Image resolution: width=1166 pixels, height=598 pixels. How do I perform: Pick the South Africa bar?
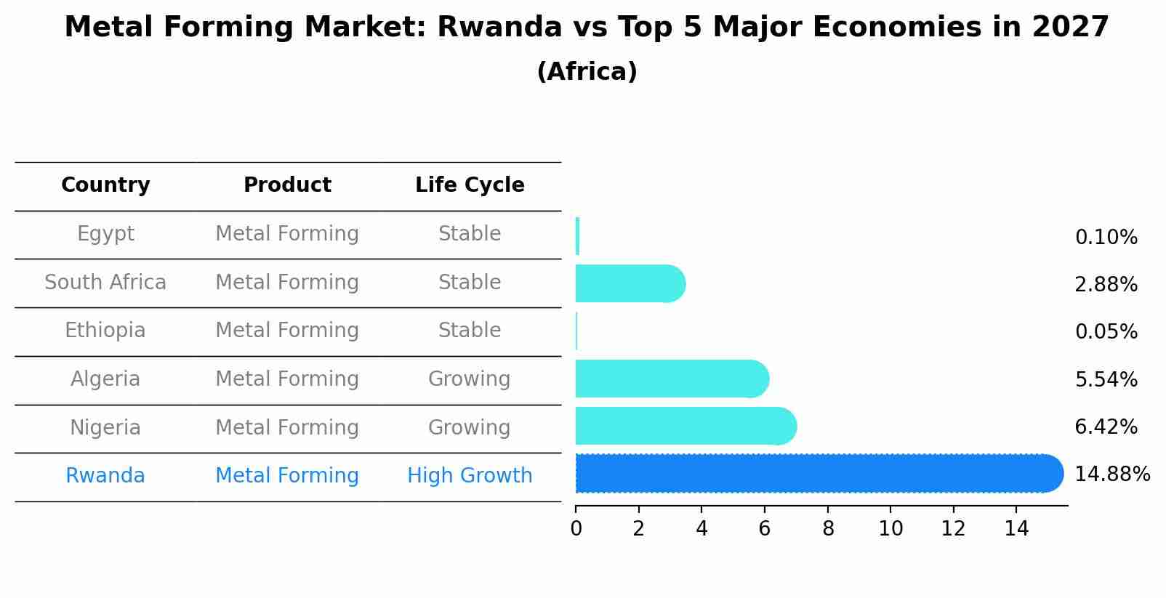[x=630, y=283]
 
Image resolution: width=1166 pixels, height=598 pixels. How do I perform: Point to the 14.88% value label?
[x=1111, y=474]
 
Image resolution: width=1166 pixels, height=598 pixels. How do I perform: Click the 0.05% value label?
[x=1106, y=332]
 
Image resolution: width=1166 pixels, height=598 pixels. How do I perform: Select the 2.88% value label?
[x=1106, y=285]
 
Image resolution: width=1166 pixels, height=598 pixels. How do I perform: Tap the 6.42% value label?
[x=1106, y=427]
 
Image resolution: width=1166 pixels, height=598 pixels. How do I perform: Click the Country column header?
[x=105, y=185]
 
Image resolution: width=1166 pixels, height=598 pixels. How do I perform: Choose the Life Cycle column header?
[x=470, y=185]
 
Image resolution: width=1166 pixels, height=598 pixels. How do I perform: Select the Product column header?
[x=287, y=185]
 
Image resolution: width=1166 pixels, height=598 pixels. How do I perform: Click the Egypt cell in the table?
[x=105, y=234]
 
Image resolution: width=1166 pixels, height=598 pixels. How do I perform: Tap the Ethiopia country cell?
[x=105, y=331]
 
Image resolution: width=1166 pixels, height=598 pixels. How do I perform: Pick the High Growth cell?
[x=470, y=476]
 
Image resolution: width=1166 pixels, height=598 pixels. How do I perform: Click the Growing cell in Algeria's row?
[x=470, y=379]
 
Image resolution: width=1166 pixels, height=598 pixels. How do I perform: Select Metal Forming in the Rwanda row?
[x=287, y=476]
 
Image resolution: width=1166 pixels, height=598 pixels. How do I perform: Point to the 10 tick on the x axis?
[x=890, y=529]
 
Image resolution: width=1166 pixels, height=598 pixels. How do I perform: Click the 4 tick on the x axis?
[x=701, y=529]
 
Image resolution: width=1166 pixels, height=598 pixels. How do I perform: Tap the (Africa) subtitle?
[x=587, y=72]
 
